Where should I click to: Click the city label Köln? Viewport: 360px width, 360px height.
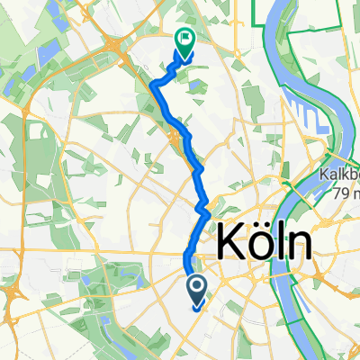click(265, 244)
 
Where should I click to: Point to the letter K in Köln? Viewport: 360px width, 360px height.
click(229, 244)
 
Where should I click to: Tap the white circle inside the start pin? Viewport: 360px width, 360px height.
click(197, 285)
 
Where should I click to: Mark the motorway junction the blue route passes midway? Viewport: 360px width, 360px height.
click(175, 137)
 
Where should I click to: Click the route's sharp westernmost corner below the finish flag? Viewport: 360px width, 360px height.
click(155, 84)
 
